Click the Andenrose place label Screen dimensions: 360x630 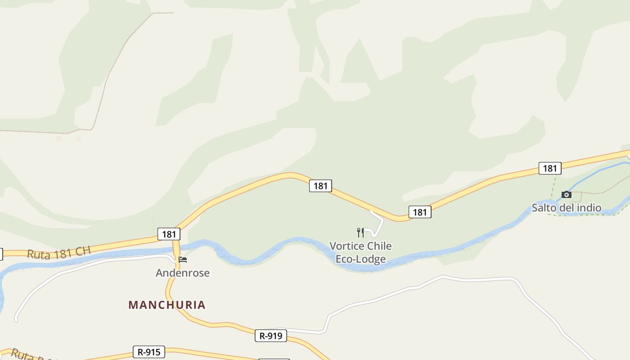point(183,273)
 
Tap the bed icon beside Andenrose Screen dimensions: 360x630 point(183,260)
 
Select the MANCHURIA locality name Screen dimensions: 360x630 point(167,305)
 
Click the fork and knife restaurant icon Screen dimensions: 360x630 point(360,232)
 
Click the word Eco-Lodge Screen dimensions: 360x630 point(361,259)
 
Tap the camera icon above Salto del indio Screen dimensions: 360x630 point(567,194)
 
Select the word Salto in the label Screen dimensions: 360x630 point(543,208)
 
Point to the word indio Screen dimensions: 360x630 point(589,208)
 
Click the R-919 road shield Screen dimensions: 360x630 point(271,336)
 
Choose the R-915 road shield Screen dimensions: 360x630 point(149,352)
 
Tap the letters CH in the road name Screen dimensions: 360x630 point(83,250)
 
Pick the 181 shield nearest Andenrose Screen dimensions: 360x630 point(169,234)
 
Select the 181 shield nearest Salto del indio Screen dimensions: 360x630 point(550,168)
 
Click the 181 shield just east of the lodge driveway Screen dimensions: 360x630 point(420,212)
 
